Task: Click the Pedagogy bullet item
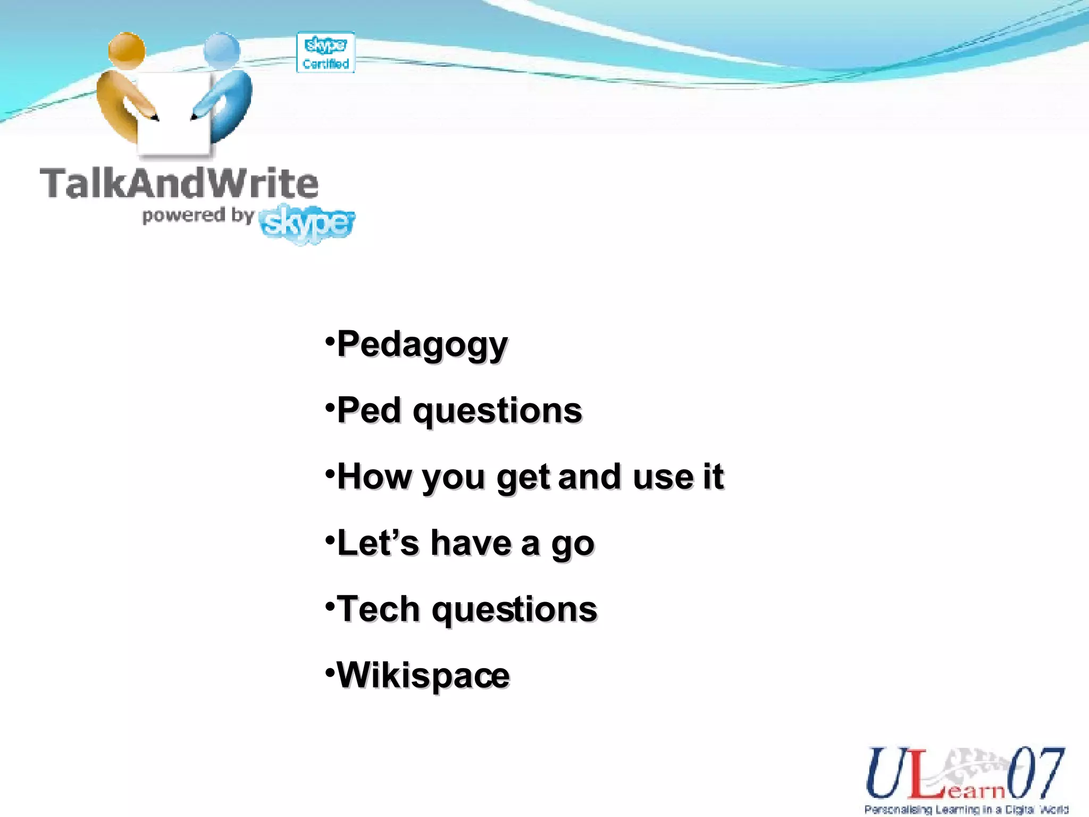click(422, 345)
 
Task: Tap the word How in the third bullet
click(374, 477)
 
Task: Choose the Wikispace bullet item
click(423, 675)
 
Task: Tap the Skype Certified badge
click(325, 53)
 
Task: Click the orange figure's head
click(127, 51)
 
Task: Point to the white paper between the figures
click(174, 117)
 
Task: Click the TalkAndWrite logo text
click(179, 184)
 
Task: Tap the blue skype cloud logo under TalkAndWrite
click(307, 224)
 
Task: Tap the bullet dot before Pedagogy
click(330, 339)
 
